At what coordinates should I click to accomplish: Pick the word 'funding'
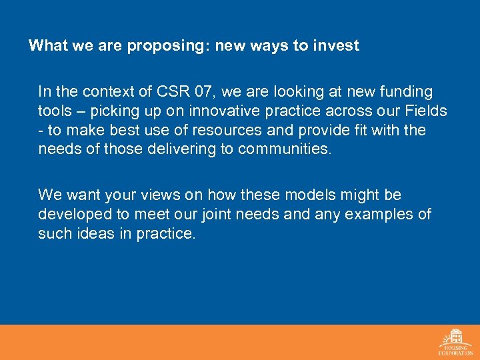pyautogui.click(x=405, y=91)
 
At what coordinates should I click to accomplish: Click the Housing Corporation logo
pyautogui.click(x=456, y=342)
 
